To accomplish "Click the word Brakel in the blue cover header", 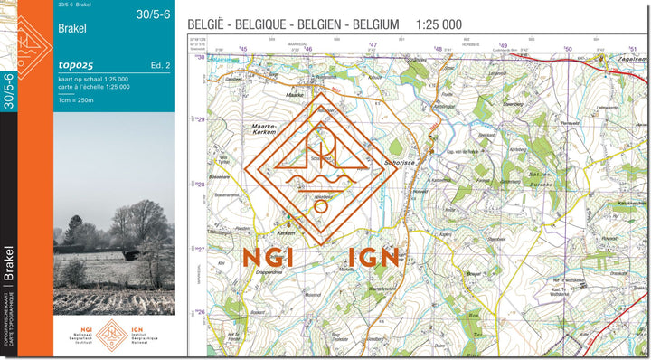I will pyautogui.click(x=72, y=29).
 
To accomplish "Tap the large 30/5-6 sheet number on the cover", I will pyautogui.click(x=153, y=14).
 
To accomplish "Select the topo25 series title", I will pyautogui.click(x=74, y=67).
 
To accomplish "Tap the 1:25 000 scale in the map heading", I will pyautogui.click(x=439, y=24).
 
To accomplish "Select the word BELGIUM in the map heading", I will pyautogui.click(x=370, y=24).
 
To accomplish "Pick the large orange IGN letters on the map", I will pyautogui.click(x=366, y=258).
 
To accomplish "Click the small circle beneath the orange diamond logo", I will pyautogui.click(x=321, y=206).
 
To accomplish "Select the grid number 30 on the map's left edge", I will pyautogui.click(x=200, y=56).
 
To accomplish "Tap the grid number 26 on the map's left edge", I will pyautogui.click(x=200, y=312).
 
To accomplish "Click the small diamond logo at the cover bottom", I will pyautogui.click(x=113, y=334).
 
